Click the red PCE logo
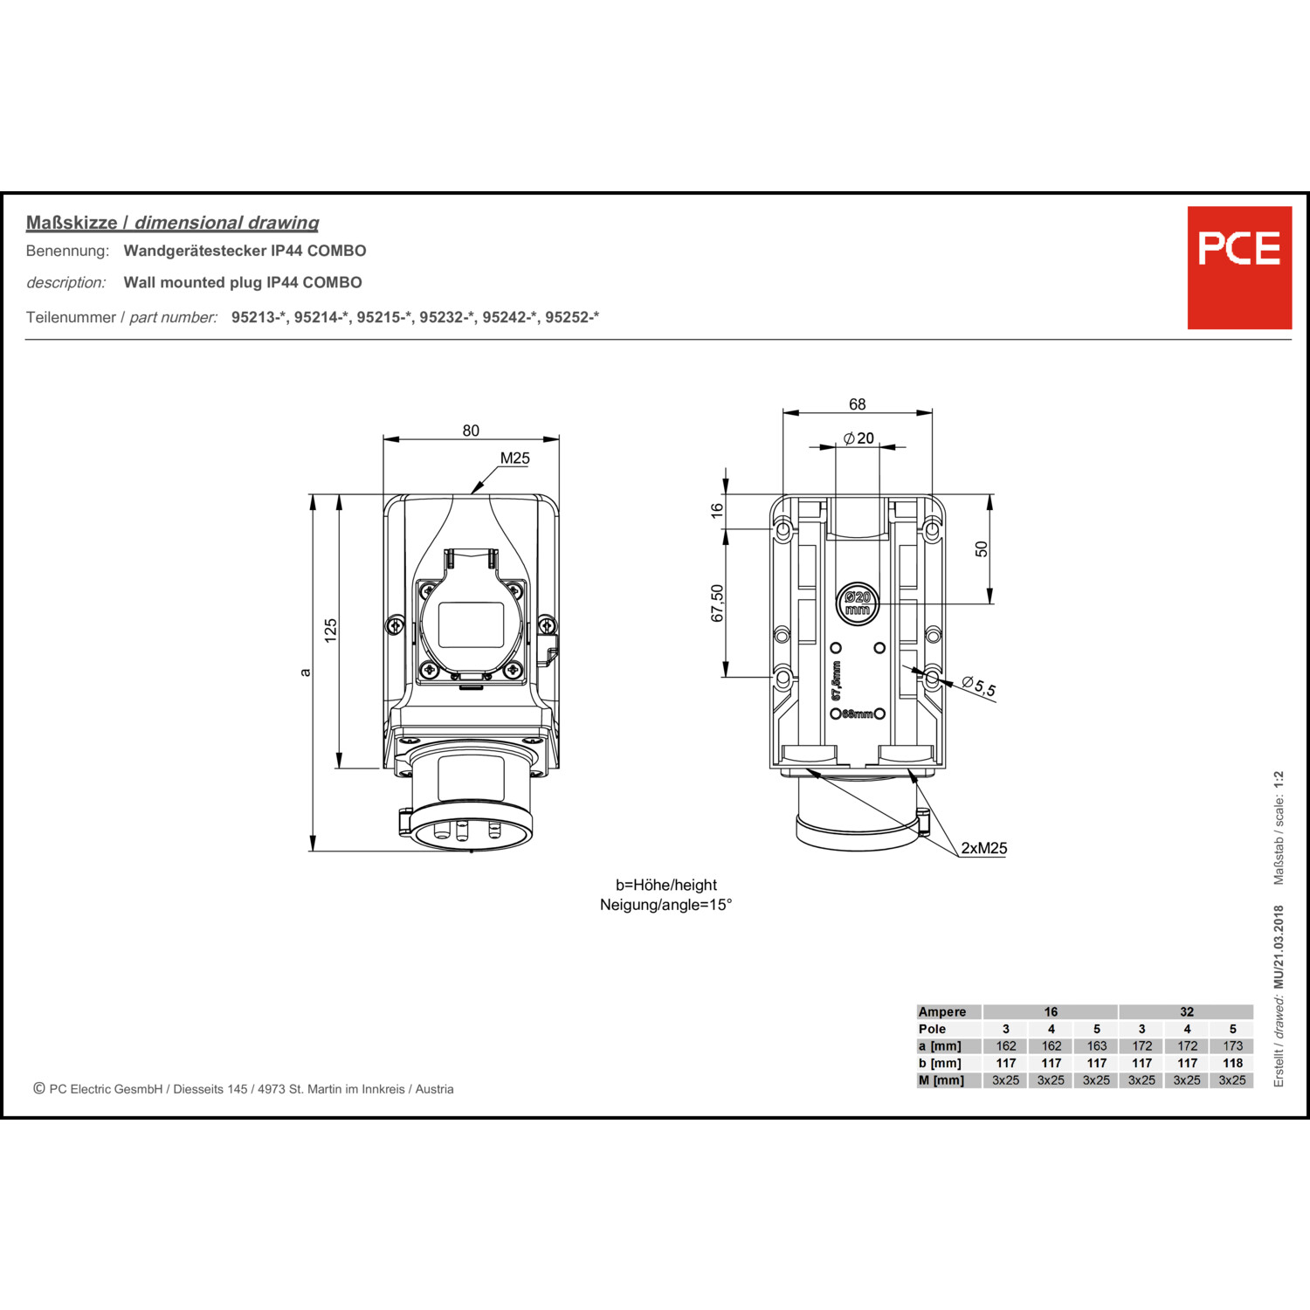pos(1239,267)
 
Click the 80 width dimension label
pos(471,431)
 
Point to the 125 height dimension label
pos(330,631)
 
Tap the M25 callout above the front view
pos(515,458)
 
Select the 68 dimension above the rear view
pos(858,404)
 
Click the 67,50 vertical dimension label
pos(717,603)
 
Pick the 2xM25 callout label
pos(984,848)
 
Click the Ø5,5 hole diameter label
pos(979,686)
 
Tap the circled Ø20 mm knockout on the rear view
pos(858,603)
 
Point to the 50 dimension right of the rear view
pos(982,548)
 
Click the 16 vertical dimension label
pos(717,510)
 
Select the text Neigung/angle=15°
pos(665,905)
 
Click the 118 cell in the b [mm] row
pos(1232,1063)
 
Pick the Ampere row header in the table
pos(942,1011)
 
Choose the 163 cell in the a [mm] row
pos(1097,1045)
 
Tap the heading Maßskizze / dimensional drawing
pos(172,223)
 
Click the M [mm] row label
pos(941,1080)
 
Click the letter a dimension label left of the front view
pos(305,672)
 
